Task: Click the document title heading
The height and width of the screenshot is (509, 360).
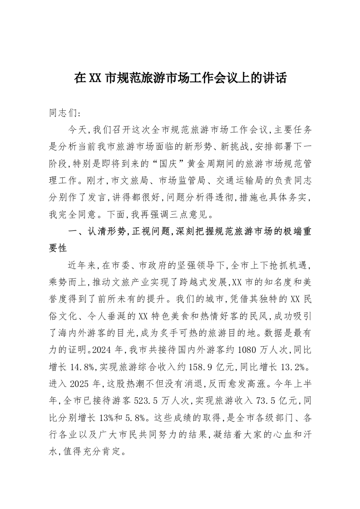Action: pos(180,78)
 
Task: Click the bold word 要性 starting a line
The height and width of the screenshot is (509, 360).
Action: pos(58,247)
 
